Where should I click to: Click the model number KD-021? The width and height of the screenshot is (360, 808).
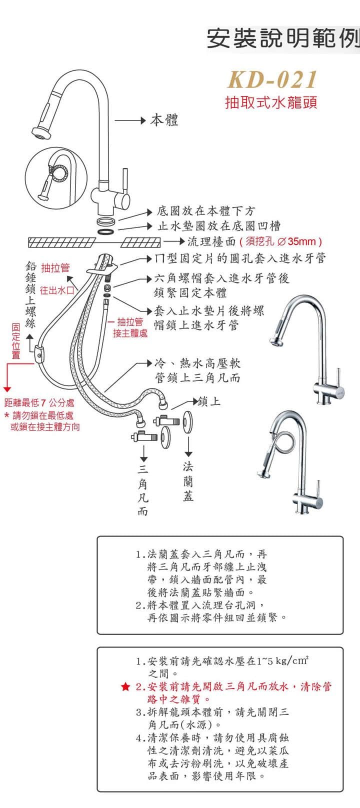272,79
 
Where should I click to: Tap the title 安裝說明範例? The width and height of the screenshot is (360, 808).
283,38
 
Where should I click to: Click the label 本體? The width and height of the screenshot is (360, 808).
164,120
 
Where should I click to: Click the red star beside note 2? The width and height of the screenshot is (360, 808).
125,687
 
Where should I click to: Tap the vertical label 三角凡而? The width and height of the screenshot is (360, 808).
143,490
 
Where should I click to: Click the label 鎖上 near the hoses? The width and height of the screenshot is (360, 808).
209,401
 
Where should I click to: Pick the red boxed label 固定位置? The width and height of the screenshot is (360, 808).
16,340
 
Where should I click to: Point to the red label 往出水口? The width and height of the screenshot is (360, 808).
57,290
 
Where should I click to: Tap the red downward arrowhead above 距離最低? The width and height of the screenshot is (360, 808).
7,388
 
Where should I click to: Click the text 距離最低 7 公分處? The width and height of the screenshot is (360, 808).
39,402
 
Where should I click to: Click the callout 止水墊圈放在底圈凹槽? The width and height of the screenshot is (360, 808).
219,226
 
